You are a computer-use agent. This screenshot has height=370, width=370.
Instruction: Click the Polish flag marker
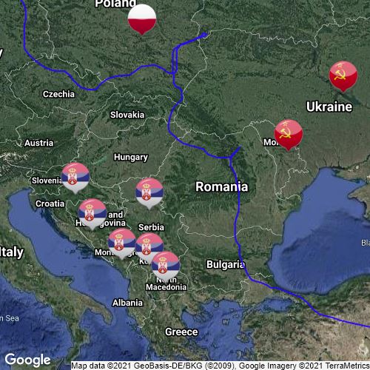coord(142,18)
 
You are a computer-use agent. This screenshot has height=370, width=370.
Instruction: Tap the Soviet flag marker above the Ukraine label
coord(343,75)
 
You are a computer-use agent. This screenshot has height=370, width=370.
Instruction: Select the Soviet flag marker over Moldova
coord(289,134)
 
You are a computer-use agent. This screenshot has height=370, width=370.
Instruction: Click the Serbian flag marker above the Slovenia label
coord(75,176)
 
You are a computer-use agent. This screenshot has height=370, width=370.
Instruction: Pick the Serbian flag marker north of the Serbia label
coord(149,192)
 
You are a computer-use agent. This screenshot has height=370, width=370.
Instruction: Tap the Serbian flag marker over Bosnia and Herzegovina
coord(92,212)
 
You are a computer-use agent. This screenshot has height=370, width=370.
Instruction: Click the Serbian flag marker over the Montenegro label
coord(122,242)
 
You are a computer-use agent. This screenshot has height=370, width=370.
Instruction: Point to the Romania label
coord(221,187)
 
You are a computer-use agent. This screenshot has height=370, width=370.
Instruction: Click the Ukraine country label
coord(329,107)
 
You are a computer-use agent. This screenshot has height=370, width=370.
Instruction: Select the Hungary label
coord(131,158)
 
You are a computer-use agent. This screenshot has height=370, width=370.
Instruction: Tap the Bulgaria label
coord(225,264)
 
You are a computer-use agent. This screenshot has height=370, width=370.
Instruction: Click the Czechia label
coord(58,94)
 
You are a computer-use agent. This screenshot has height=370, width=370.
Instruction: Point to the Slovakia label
coord(127,115)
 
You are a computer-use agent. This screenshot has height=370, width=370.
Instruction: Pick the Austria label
coord(38,143)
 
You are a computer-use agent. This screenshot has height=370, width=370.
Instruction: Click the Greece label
coord(181,332)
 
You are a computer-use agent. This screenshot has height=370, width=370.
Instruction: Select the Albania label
coord(127,303)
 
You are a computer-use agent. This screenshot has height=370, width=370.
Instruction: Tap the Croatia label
coord(50,203)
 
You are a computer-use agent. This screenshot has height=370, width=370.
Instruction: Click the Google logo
coord(27,360)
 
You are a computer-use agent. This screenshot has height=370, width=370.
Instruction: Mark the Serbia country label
coord(151,227)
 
